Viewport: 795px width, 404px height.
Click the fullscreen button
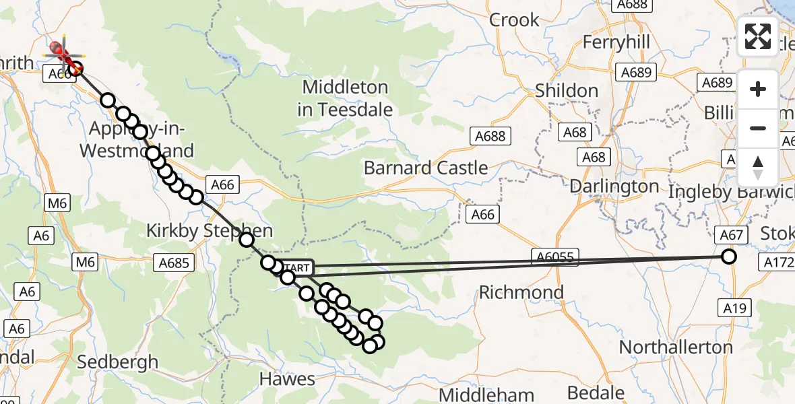pos(758,36)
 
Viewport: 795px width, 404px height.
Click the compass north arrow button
pos(758,168)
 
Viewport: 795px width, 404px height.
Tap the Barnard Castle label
pos(426,168)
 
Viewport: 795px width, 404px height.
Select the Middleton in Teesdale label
pos(345,98)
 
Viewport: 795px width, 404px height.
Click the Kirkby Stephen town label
pos(210,232)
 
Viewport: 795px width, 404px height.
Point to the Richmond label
pos(521,292)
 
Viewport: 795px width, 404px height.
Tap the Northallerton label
pos(675,347)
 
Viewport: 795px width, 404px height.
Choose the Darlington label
pos(614,186)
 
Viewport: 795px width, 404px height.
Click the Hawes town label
pos(288,379)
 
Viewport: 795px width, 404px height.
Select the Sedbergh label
pos(118,362)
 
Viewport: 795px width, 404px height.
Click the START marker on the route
pos(294,268)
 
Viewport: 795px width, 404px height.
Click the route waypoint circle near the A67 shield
pos(728,257)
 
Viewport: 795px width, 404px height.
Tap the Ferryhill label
pos(616,42)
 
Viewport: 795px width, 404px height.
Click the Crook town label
pos(515,20)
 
